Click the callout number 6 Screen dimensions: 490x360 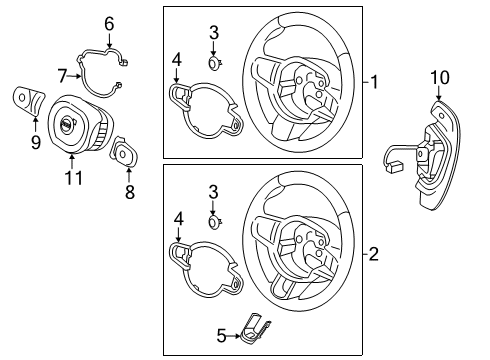109,24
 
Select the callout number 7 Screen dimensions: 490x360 62,76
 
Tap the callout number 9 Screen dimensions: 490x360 36,142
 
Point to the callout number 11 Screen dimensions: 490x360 73,178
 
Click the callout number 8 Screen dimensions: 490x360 130,192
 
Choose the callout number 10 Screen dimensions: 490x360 440,77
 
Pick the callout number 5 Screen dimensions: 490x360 221,336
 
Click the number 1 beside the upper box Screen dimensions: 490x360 375,82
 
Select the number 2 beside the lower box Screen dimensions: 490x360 374,255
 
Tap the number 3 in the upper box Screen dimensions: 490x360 214,33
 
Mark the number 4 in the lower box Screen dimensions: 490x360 179,219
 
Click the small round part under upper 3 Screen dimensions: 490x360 214,63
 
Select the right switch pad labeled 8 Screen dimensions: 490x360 124,153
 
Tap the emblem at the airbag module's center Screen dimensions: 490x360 66,124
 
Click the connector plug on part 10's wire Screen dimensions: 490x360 394,166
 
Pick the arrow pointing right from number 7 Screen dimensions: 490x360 74,76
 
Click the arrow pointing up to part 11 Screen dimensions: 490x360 72,161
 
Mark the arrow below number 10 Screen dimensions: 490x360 439,93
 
